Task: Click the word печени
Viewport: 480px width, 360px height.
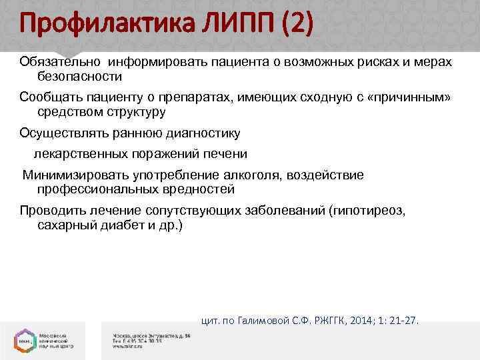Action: pyautogui.click(x=227, y=154)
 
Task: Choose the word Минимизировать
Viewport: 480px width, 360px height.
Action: pyautogui.click(x=71, y=175)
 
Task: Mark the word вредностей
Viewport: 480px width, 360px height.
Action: pyautogui.click(x=199, y=189)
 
